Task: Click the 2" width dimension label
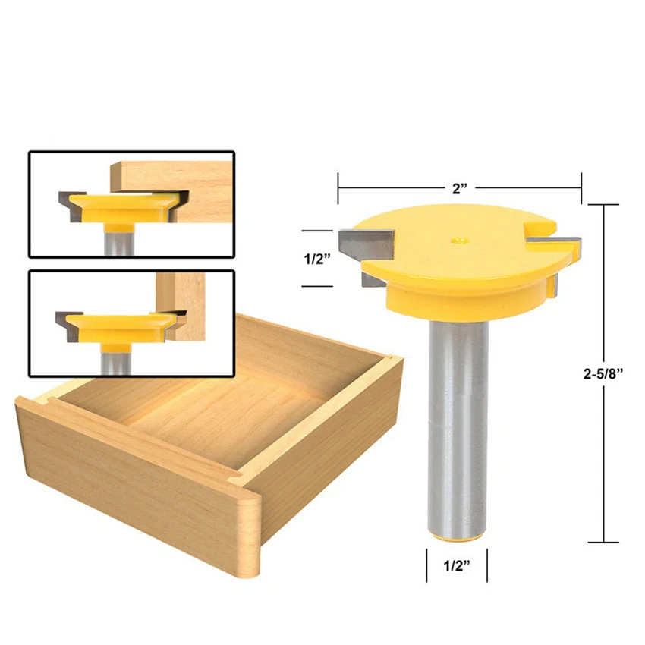460,189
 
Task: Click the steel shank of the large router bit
454,425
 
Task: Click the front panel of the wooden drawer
129,470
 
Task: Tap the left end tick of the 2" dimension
338,189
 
